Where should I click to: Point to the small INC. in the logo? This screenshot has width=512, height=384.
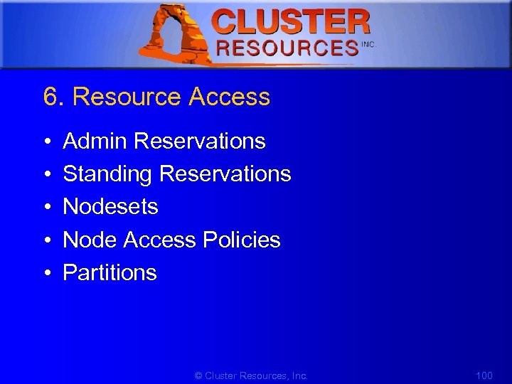368,44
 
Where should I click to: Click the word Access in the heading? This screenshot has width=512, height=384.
229,97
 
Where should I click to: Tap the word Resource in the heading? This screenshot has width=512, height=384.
127,97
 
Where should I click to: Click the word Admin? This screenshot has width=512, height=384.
95,142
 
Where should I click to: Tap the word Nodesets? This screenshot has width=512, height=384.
110,207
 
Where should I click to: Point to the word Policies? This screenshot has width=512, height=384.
241,240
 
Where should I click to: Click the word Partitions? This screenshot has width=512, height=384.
110,273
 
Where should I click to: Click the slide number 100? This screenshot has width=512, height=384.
484,375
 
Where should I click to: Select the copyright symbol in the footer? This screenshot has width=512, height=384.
198,375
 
